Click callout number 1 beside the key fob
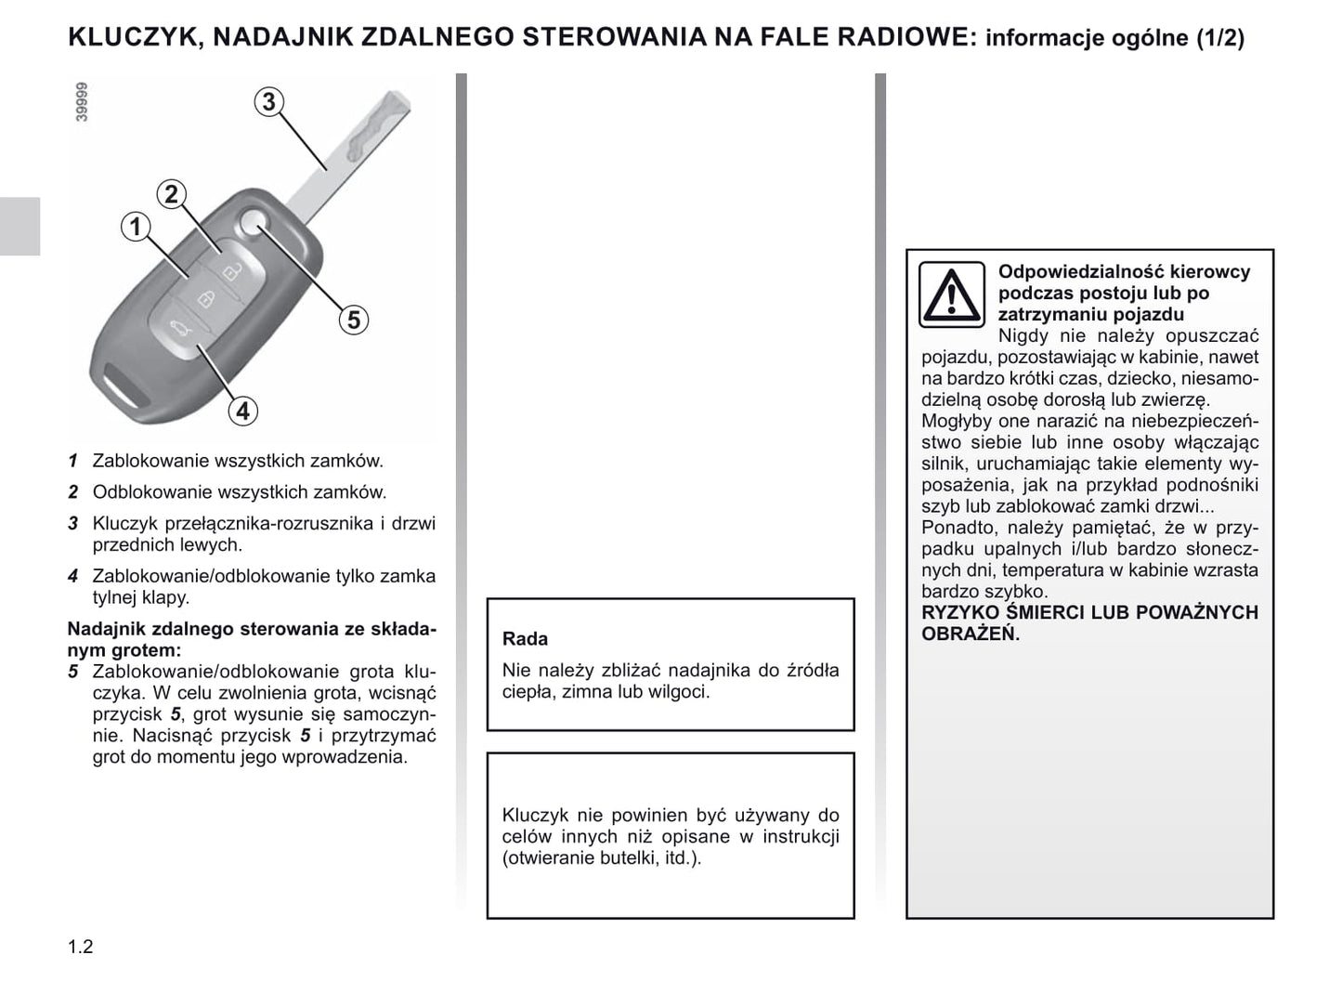click(x=136, y=226)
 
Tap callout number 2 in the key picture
click(x=171, y=194)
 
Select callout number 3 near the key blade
click(x=268, y=101)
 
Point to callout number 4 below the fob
click(x=242, y=411)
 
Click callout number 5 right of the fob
click(x=353, y=320)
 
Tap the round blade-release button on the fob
click(x=252, y=222)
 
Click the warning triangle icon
click(x=951, y=294)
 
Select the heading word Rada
click(x=525, y=639)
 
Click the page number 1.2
click(x=81, y=947)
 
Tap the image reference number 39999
click(x=82, y=102)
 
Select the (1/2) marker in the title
click(x=1219, y=38)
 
